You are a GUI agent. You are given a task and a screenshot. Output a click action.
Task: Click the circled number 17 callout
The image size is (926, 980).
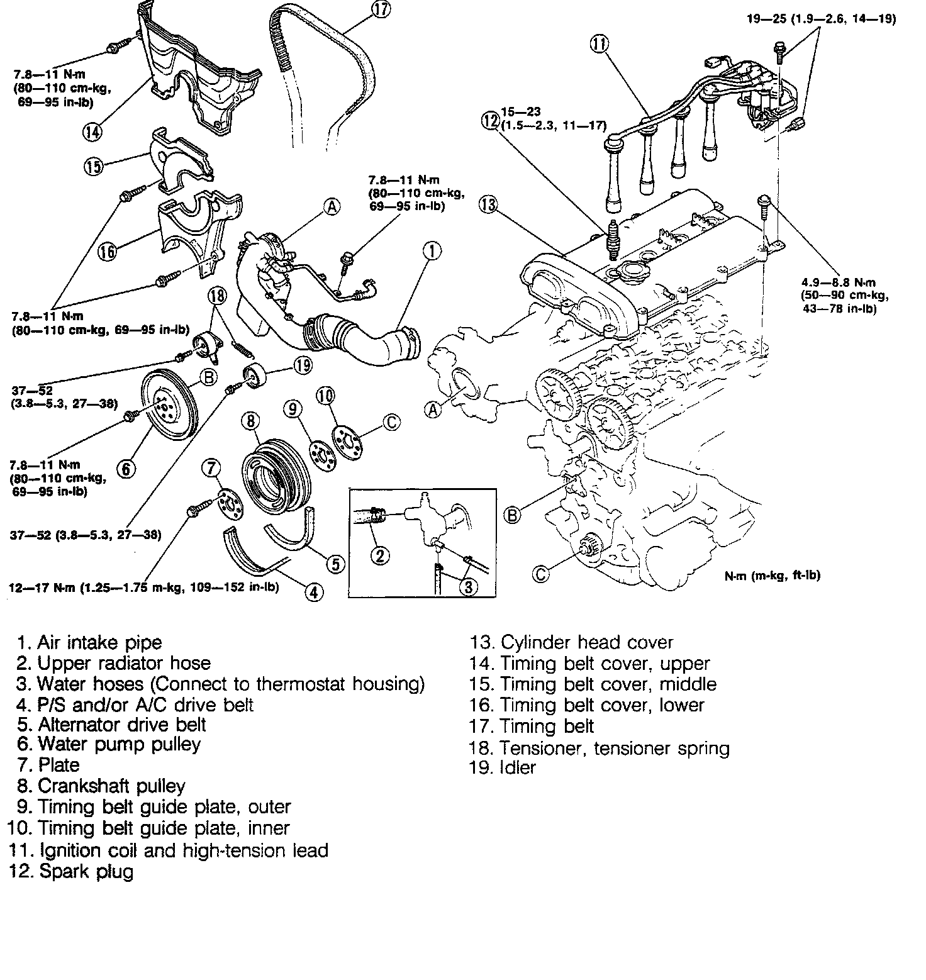click(381, 11)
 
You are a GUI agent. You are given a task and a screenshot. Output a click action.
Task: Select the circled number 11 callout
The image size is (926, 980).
click(600, 44)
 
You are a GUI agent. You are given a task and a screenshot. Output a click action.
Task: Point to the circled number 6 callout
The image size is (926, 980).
click(126, 469)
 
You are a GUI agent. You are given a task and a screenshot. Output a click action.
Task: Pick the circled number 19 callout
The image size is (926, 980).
click(303, 365)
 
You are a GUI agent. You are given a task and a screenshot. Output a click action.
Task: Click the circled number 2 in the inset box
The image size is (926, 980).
click(380, 555)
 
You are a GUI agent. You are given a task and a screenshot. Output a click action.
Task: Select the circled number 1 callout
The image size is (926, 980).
click(432, 251)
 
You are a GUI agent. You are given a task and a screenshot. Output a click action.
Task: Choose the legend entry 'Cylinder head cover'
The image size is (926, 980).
click(571, 643)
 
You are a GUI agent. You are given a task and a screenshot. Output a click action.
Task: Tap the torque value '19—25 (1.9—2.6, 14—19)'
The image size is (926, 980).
click(821, 19)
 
